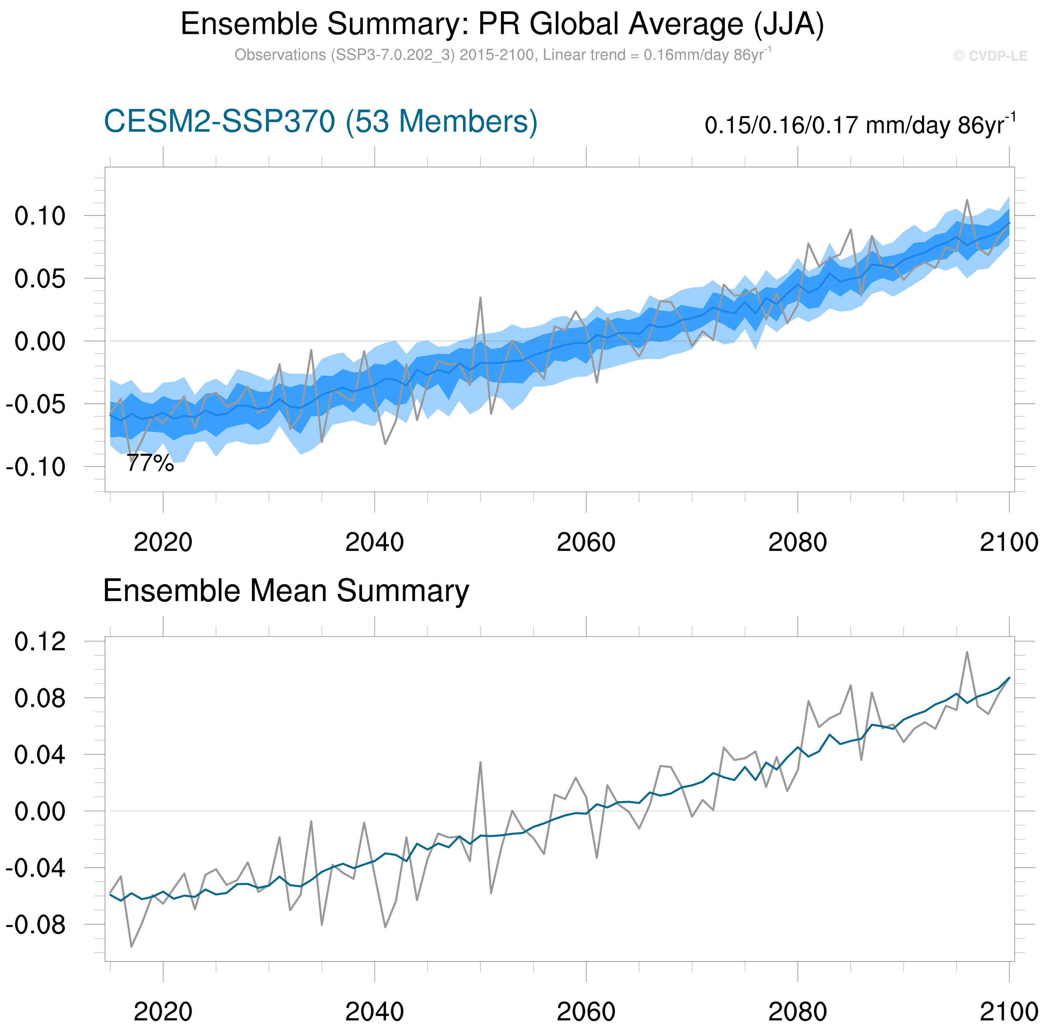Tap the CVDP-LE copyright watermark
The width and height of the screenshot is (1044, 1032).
tap(990, 56)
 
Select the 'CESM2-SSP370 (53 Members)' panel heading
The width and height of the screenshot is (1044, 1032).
tap(320, 122)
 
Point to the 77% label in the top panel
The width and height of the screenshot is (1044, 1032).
tap(150, 463)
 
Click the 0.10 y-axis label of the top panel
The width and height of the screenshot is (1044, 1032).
tap(40, 216)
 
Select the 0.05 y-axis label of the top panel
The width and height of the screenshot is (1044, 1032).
tap(40, 279)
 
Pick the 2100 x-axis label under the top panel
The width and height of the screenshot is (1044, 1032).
tap(1008, 542)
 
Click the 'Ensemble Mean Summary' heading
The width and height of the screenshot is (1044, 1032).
tap(286, 591)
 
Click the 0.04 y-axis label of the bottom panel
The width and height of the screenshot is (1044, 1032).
tap(40, 755)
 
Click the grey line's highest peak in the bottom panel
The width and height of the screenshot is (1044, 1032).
tap(967, 652)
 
